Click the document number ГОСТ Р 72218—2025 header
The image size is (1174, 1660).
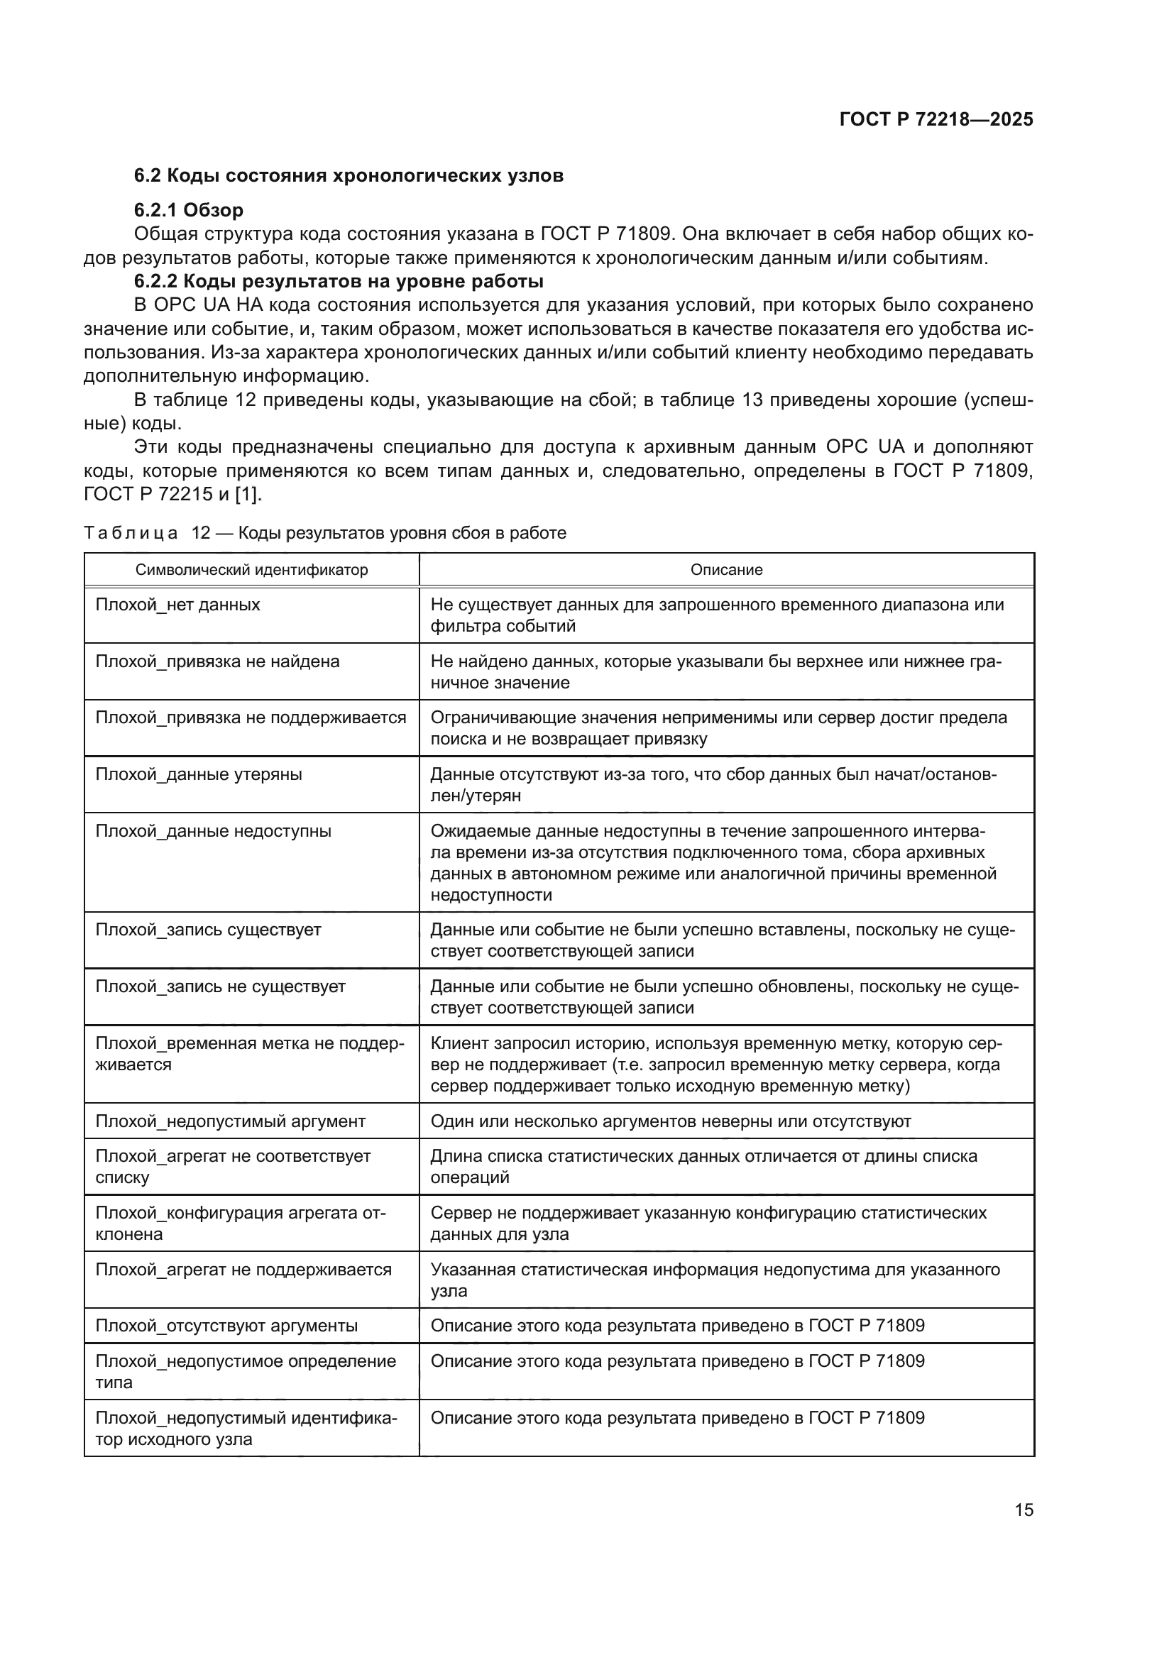click(x=936, y=119)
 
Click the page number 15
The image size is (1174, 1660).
click(x=1024, y=1510)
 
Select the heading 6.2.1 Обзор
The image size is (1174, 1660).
click(x=189, y=210)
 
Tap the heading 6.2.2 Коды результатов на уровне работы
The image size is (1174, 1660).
click(x=339, y=280)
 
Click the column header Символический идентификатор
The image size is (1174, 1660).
click(x=251, y=570)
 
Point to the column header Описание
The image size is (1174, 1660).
click(x=726, y=570)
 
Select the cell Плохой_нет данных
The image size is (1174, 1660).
click(x=178, y=605)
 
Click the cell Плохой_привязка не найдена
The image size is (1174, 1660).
click(x=217, y=661)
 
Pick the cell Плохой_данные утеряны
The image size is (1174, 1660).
click(x=199, y=774)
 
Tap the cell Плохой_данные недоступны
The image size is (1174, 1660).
click(x=213, y=832)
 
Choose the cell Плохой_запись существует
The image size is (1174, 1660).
click(x=208, y=930)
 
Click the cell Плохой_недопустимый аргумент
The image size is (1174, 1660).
click(x=230, y=1121)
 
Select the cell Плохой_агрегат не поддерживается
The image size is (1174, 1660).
click(x=243, y=1270)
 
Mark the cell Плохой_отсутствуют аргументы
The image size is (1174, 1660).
click(x=226, y=1325)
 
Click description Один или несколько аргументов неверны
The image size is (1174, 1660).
click(x=670, y=1121)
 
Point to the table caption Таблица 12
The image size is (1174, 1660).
click(x=324, y=534)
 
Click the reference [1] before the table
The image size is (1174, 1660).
click(x=248, y=495)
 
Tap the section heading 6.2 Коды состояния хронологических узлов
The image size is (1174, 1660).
click(x=349, y=176)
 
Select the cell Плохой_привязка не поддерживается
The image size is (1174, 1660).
click(x=251, y=718)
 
